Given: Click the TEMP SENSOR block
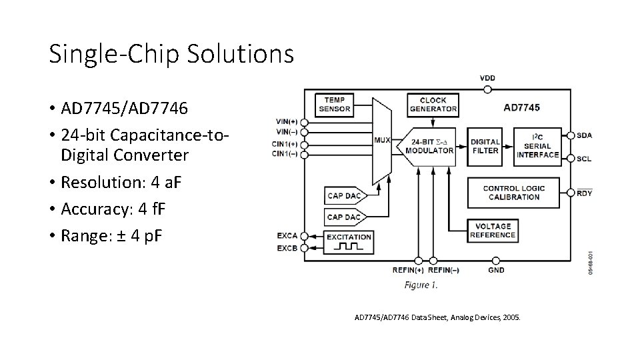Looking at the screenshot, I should point(335,104).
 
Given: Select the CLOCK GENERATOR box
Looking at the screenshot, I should point(433,104).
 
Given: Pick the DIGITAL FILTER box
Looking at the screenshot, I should point(485,146).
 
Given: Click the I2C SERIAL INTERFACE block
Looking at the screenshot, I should point(537,146).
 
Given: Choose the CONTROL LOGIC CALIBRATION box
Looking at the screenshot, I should point(513,192).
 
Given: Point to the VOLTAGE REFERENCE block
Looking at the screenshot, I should point(493,231).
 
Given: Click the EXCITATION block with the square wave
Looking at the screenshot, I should point(349,242).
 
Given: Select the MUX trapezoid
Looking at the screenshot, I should point(382,141).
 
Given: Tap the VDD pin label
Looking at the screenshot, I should point(487,78).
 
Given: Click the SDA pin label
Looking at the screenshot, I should point(584,135).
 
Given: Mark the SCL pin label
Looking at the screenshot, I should point(584,159).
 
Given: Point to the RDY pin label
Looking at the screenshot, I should point(584,193).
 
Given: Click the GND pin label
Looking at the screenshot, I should point(496,270).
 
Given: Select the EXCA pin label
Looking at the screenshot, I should point(287,236).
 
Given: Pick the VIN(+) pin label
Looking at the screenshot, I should point(287,122).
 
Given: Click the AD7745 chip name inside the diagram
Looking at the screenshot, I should point(521,107).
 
